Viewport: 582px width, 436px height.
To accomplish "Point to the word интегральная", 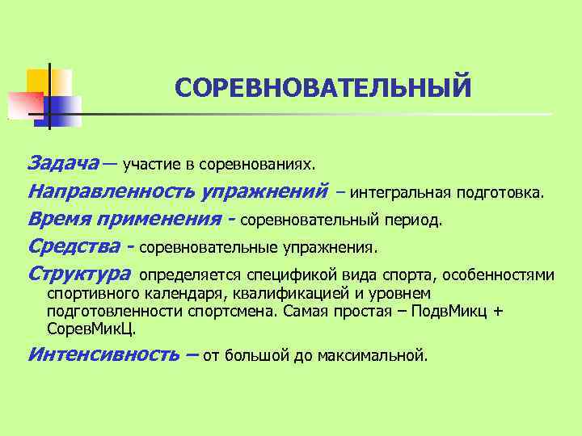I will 400,194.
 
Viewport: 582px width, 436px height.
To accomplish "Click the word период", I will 414,220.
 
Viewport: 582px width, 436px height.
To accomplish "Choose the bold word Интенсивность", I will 103,354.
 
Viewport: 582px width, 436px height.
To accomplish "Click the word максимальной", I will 382,355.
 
